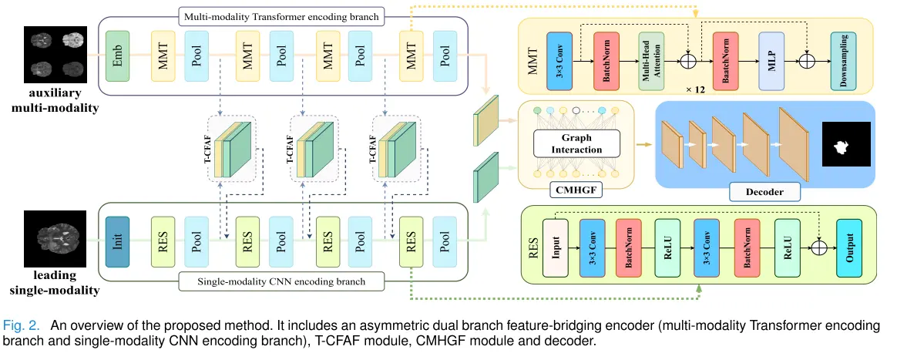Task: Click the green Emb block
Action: (119, 56)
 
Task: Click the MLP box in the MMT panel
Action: (771, 61)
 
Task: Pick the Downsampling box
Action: (843, 61)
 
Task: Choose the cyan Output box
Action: (848, 247)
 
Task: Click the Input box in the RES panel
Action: (555, 247)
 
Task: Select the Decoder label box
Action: (764, 192)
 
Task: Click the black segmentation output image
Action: (846, 144)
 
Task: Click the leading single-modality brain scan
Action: (55, 239)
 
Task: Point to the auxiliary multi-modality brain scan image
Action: (55, 55)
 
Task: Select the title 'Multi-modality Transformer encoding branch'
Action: (281, 17)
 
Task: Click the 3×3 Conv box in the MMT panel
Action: (559, 61)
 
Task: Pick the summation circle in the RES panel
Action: (820, 247)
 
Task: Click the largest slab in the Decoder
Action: (795, 144)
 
